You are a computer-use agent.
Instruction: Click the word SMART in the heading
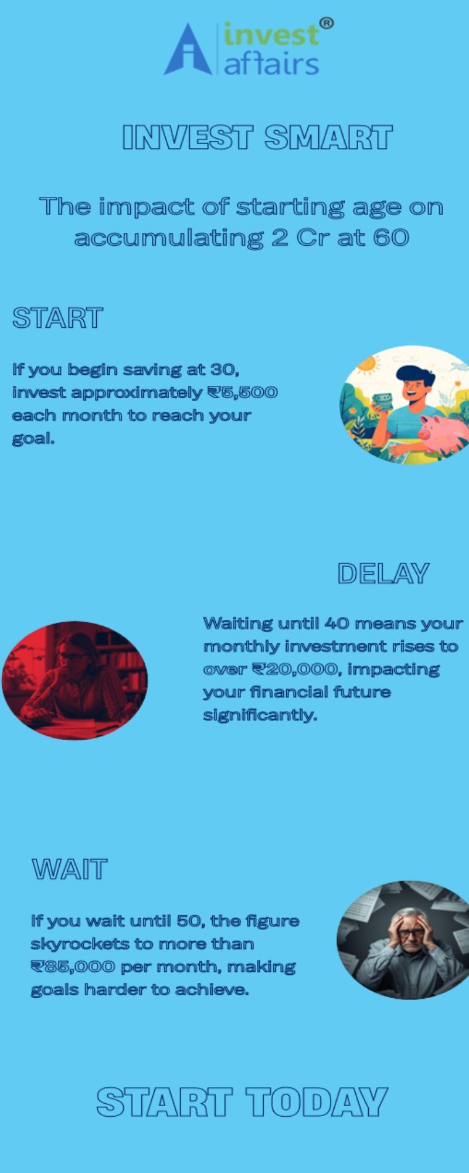click(x=328, y=138)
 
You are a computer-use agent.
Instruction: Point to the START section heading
click(x=57, y=318)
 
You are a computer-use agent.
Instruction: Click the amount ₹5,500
click(x=242, y=392)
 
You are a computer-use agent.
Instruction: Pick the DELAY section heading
click(x=383, y=574)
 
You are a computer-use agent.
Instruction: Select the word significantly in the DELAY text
click(x=260, y=716)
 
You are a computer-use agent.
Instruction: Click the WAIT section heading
click(x=70, y=869)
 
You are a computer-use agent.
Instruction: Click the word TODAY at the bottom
click(x=317, y=1101)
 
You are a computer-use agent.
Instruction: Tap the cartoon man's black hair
click(x=415, y=376)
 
